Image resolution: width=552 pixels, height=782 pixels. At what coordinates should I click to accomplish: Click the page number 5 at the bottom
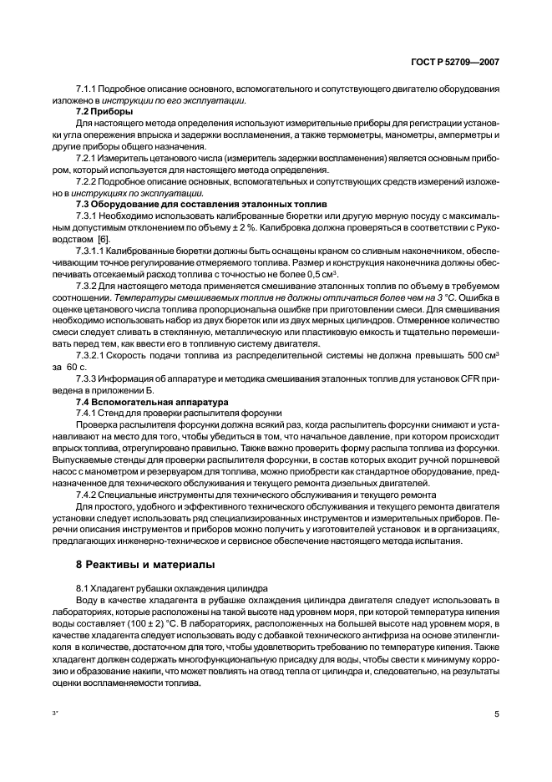point(497,715)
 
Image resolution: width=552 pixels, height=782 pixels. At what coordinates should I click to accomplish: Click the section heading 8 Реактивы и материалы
point(145,565)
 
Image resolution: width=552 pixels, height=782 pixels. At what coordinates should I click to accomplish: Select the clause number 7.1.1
point(88,89)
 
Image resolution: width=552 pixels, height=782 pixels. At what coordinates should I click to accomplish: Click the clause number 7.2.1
point(88,158)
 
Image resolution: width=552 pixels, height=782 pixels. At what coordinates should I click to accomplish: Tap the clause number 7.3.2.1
point(91,355)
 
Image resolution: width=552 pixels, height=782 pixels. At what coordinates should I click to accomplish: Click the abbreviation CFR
point(463,379)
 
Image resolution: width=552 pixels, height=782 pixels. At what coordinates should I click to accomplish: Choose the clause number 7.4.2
point(88,495)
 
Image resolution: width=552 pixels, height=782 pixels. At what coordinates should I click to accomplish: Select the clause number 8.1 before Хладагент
point(82,588)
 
